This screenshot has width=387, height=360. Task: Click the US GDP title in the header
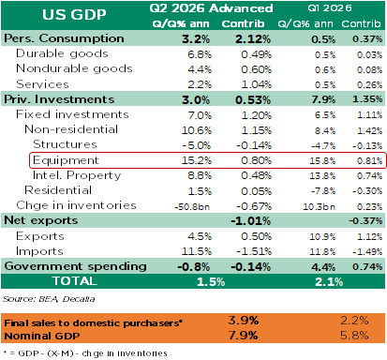[74, 14]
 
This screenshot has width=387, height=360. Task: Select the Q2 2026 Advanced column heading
[211, 8]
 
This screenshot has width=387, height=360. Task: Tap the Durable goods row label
[62, 53]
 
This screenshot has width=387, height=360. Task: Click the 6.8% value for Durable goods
[200, 54]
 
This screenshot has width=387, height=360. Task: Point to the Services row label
[42, 84]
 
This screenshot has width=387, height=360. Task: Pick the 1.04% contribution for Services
[256, 84]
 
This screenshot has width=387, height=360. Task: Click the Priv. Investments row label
[59, 99]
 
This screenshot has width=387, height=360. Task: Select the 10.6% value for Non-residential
[197, 130]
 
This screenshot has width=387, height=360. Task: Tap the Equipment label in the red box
[66, 160]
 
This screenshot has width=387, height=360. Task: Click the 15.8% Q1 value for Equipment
[322, 161]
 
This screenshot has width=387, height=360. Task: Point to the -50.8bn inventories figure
[192, 207]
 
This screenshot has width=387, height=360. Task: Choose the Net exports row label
[41, 220]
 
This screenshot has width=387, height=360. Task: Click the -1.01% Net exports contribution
[251, 221]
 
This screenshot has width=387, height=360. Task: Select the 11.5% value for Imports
[197, 251]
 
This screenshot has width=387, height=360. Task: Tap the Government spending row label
[75, 266]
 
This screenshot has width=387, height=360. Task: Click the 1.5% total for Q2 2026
[211, 282]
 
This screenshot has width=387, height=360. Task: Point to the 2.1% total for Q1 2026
[329, 282]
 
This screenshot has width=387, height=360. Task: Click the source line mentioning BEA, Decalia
[49, 299]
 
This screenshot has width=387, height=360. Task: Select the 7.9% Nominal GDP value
[243, 336]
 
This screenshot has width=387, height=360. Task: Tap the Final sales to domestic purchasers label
[93, 322]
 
